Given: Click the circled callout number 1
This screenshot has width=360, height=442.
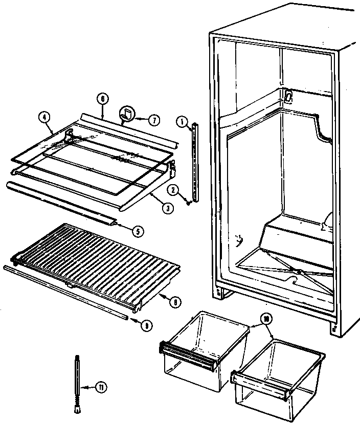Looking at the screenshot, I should click(181, 121).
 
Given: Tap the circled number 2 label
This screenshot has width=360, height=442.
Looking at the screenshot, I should click(173, 190).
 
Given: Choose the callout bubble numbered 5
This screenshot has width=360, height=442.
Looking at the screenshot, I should click(137, 230).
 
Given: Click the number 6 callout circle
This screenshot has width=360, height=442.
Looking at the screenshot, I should click(102, 99).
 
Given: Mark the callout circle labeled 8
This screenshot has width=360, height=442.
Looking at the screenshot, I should click(175, 302).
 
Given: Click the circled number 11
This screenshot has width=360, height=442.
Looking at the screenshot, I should click(102, 387).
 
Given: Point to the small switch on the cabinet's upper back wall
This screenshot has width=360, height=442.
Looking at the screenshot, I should click(289, 96).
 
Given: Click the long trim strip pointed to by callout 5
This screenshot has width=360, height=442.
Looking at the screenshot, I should click(61, 202).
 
